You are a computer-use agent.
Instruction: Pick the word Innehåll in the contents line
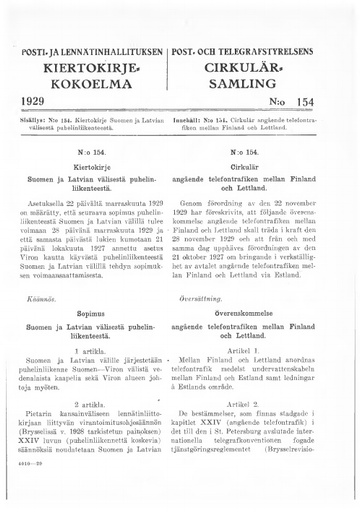click(202, 119)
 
